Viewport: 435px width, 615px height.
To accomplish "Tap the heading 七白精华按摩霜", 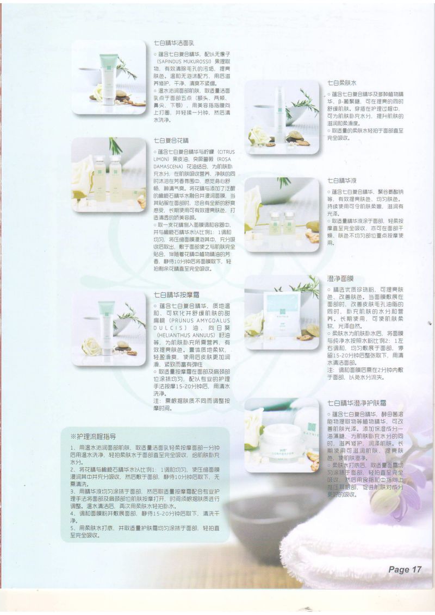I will click(x=172, y=294).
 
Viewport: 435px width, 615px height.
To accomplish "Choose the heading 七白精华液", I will click(x=342, y=180).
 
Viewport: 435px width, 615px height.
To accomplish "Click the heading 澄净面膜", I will click(x=341, y=278).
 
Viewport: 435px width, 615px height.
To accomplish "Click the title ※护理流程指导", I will click(x=93, y=436).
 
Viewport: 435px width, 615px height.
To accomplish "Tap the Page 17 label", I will click(x=405, y=569).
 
